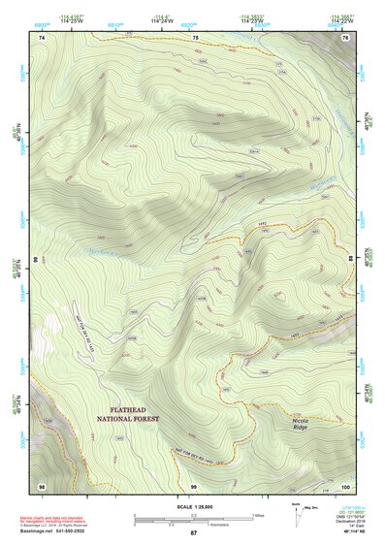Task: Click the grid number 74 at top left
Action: click(x=43, y=37)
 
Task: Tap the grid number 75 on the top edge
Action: click(x=195, y=37)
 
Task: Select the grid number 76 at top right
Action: click(x=345, y=37)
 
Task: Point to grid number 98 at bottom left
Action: click(x=42, y=485)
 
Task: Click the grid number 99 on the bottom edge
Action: click(x=194, y=485)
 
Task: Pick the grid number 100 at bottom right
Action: click(x=345, y=485)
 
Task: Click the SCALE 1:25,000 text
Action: click(x=193, y=504)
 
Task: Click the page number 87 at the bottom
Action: click(x=193, y=533)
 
